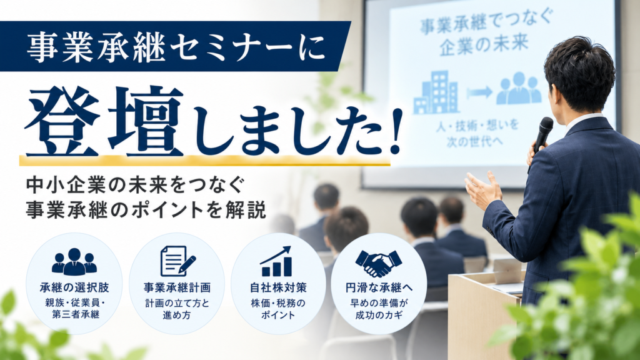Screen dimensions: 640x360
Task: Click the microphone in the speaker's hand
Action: (x=542, y=139)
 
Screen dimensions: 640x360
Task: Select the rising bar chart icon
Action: (x=277, y=261)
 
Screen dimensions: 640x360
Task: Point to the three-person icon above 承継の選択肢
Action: (x=74, y=261)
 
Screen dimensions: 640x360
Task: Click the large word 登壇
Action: (x=104, y=121)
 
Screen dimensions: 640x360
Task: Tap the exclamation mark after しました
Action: (x=395, y=131)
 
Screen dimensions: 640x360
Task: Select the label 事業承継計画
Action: (x=177, y=287)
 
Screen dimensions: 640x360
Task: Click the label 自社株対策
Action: (x=278, y=287)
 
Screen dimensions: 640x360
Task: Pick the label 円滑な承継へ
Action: (x=379, y=287)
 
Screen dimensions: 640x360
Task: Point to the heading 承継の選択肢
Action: (x=74, y=287)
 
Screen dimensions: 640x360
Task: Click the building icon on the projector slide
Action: (x=436, y=92)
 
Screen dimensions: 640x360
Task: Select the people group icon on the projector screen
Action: (x=518, y=88)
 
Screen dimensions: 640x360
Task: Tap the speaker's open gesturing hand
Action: (x=484, y=190)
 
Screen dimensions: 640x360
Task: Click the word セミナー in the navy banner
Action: (x=231, y=47)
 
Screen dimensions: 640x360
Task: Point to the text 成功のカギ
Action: (x=379, y=315)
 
